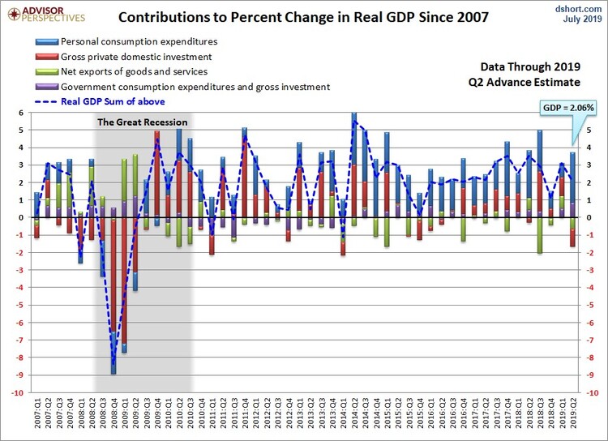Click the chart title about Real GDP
pos(304,16)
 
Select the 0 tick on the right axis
pos(585,218)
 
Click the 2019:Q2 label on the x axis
pos(572,415)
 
